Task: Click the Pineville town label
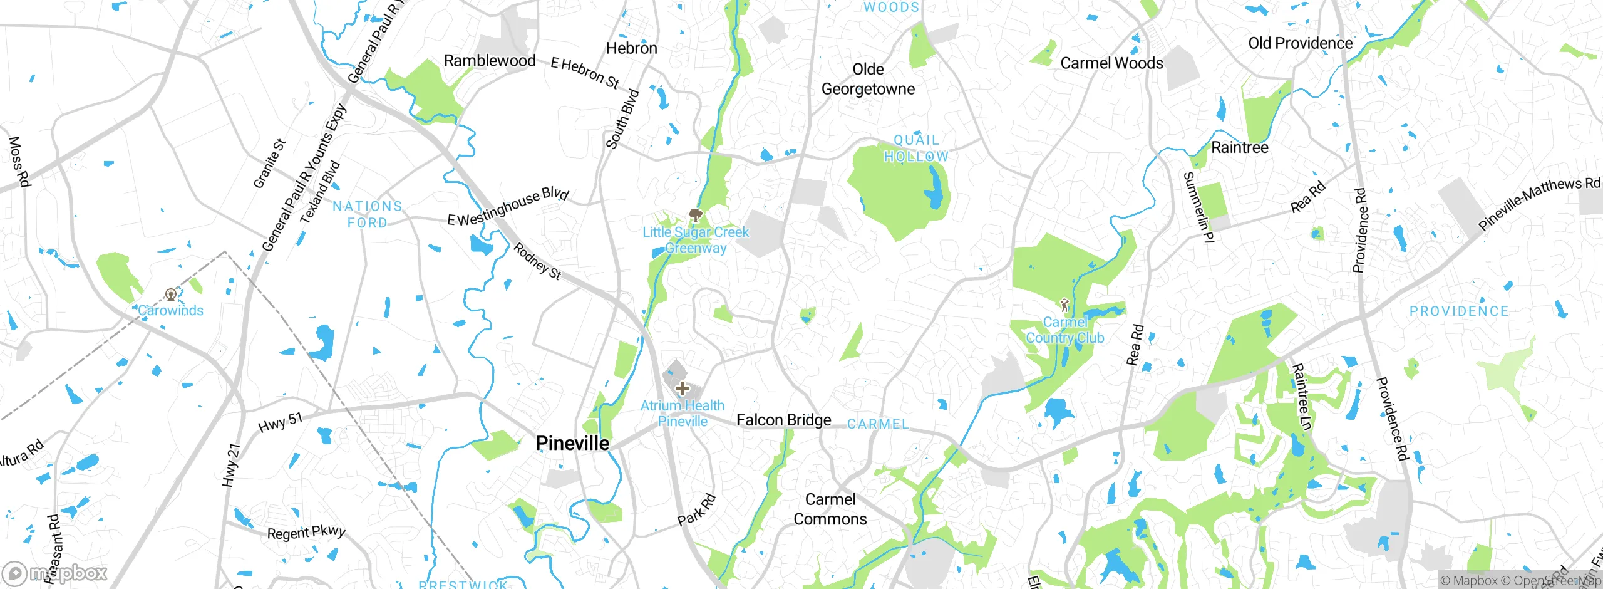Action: coord(572,443)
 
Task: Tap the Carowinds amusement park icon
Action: coord(171,294)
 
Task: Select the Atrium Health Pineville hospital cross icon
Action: coord(683,389)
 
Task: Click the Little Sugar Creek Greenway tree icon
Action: coord(695,216)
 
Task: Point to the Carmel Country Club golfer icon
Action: coord(1064,306)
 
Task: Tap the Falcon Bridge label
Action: coord(783,420)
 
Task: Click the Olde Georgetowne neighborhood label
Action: coord(868,79)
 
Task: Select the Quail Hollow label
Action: coord(916,149)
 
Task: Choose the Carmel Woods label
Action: coord(1111,63)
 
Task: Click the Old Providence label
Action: coord(1301,43)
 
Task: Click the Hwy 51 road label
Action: coord(280,423)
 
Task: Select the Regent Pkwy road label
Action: coord(306,533)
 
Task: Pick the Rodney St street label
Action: coord(537,261)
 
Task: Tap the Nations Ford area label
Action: coord(368,214)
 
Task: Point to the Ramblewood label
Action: coord(490,61)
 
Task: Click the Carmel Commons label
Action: coord(830,509)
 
